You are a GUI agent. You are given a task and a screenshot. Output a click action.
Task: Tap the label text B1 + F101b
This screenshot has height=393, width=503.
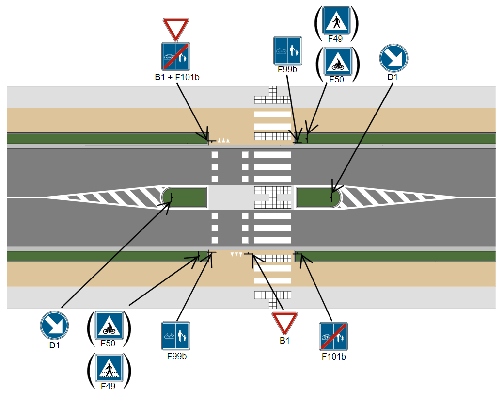coord(177,77)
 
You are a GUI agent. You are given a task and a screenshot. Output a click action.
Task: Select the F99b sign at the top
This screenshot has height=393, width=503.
coord(288,51)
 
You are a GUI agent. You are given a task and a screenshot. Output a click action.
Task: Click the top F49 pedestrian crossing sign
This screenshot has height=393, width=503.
coord(336,20)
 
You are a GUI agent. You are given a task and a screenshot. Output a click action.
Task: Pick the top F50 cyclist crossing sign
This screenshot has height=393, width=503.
coord(338,61)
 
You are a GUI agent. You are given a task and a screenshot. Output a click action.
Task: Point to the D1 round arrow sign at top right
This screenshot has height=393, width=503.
coord(393,58)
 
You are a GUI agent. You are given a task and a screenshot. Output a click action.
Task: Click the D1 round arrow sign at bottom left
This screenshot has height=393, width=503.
coord(54,326)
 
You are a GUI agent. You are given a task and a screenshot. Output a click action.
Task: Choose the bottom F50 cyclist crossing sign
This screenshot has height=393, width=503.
coord(109,325)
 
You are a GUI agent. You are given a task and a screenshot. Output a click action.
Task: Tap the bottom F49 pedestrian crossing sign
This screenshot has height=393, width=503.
coord(109,368)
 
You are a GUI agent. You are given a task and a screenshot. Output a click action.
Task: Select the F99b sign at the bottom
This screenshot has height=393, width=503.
coord(176,336)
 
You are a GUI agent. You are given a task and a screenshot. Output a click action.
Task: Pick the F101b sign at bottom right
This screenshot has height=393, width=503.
coord(333,337)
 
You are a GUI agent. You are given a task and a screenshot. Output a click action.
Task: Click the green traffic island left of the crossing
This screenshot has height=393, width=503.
coord(185,197)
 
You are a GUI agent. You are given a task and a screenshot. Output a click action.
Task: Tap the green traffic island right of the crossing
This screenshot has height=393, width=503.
coord(317,197)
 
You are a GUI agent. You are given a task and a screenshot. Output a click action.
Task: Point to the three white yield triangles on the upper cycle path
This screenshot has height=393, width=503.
coord(223,140)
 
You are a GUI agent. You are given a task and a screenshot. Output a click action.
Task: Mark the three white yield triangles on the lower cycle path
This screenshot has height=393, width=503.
coord(236,254)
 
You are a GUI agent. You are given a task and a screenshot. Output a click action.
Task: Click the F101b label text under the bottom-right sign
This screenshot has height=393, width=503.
coord(333,357)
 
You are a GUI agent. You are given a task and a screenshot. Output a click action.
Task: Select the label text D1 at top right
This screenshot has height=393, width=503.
coord(393,77)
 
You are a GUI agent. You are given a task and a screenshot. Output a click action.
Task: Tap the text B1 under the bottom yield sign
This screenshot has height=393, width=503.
coord(284,340)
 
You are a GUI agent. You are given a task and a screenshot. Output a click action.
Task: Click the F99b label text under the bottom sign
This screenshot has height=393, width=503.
coord(177,356)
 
